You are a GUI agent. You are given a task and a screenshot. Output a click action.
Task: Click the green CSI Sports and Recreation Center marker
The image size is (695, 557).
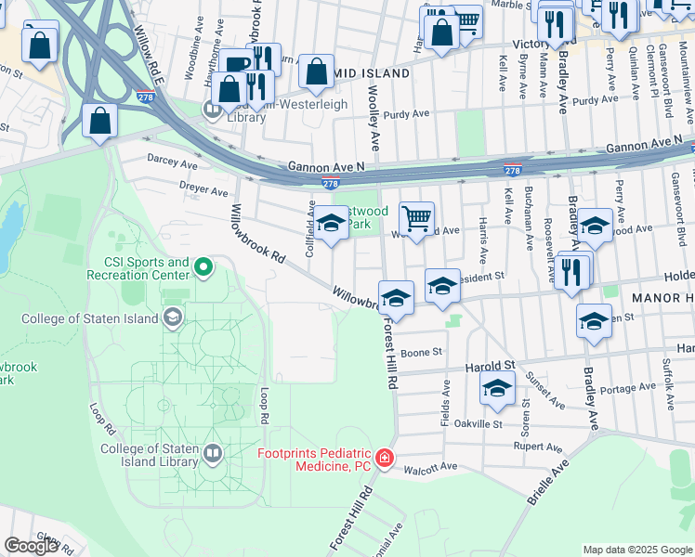click(x=203, y=269)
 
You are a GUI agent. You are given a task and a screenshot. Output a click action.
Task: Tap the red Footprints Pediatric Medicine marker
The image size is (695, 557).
click(x=385, y=459)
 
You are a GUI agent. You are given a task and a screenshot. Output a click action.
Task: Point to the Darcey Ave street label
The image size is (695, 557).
click(x=174, y=163)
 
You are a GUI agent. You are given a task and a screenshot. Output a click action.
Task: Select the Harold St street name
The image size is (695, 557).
click(x=492, y=366)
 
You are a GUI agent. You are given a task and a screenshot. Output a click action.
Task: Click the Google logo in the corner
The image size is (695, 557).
click(x=31, y=546)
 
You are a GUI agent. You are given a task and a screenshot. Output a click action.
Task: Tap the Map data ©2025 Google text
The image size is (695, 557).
click(x=636, y=550)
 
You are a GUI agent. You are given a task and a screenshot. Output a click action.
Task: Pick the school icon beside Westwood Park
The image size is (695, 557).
click(x=330, y=223)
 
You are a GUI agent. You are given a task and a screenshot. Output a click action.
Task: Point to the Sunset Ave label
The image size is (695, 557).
click(x=544, y=391)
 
